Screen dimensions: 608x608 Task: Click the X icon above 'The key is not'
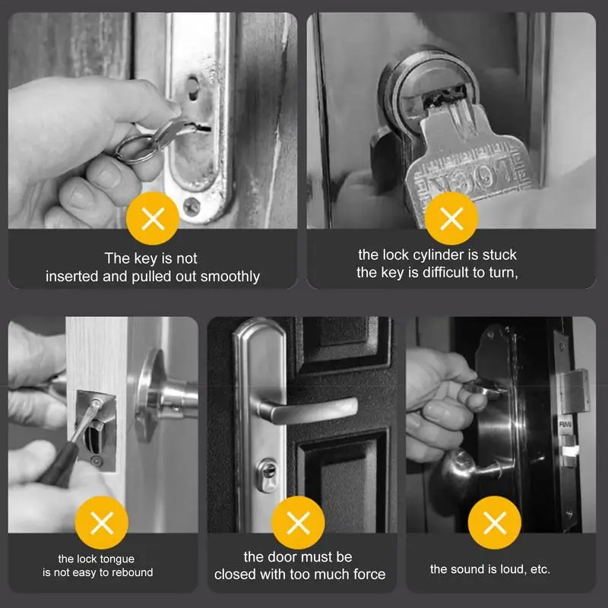[153, 220]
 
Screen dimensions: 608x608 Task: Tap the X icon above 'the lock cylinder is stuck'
[451, 220]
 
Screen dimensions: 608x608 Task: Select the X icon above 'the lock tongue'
[101, 523]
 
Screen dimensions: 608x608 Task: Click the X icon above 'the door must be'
[298, 523]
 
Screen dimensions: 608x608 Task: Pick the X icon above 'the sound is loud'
[495, 523]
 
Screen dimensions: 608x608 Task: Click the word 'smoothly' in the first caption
[232, 277]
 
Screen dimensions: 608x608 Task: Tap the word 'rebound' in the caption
[133, 572]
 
